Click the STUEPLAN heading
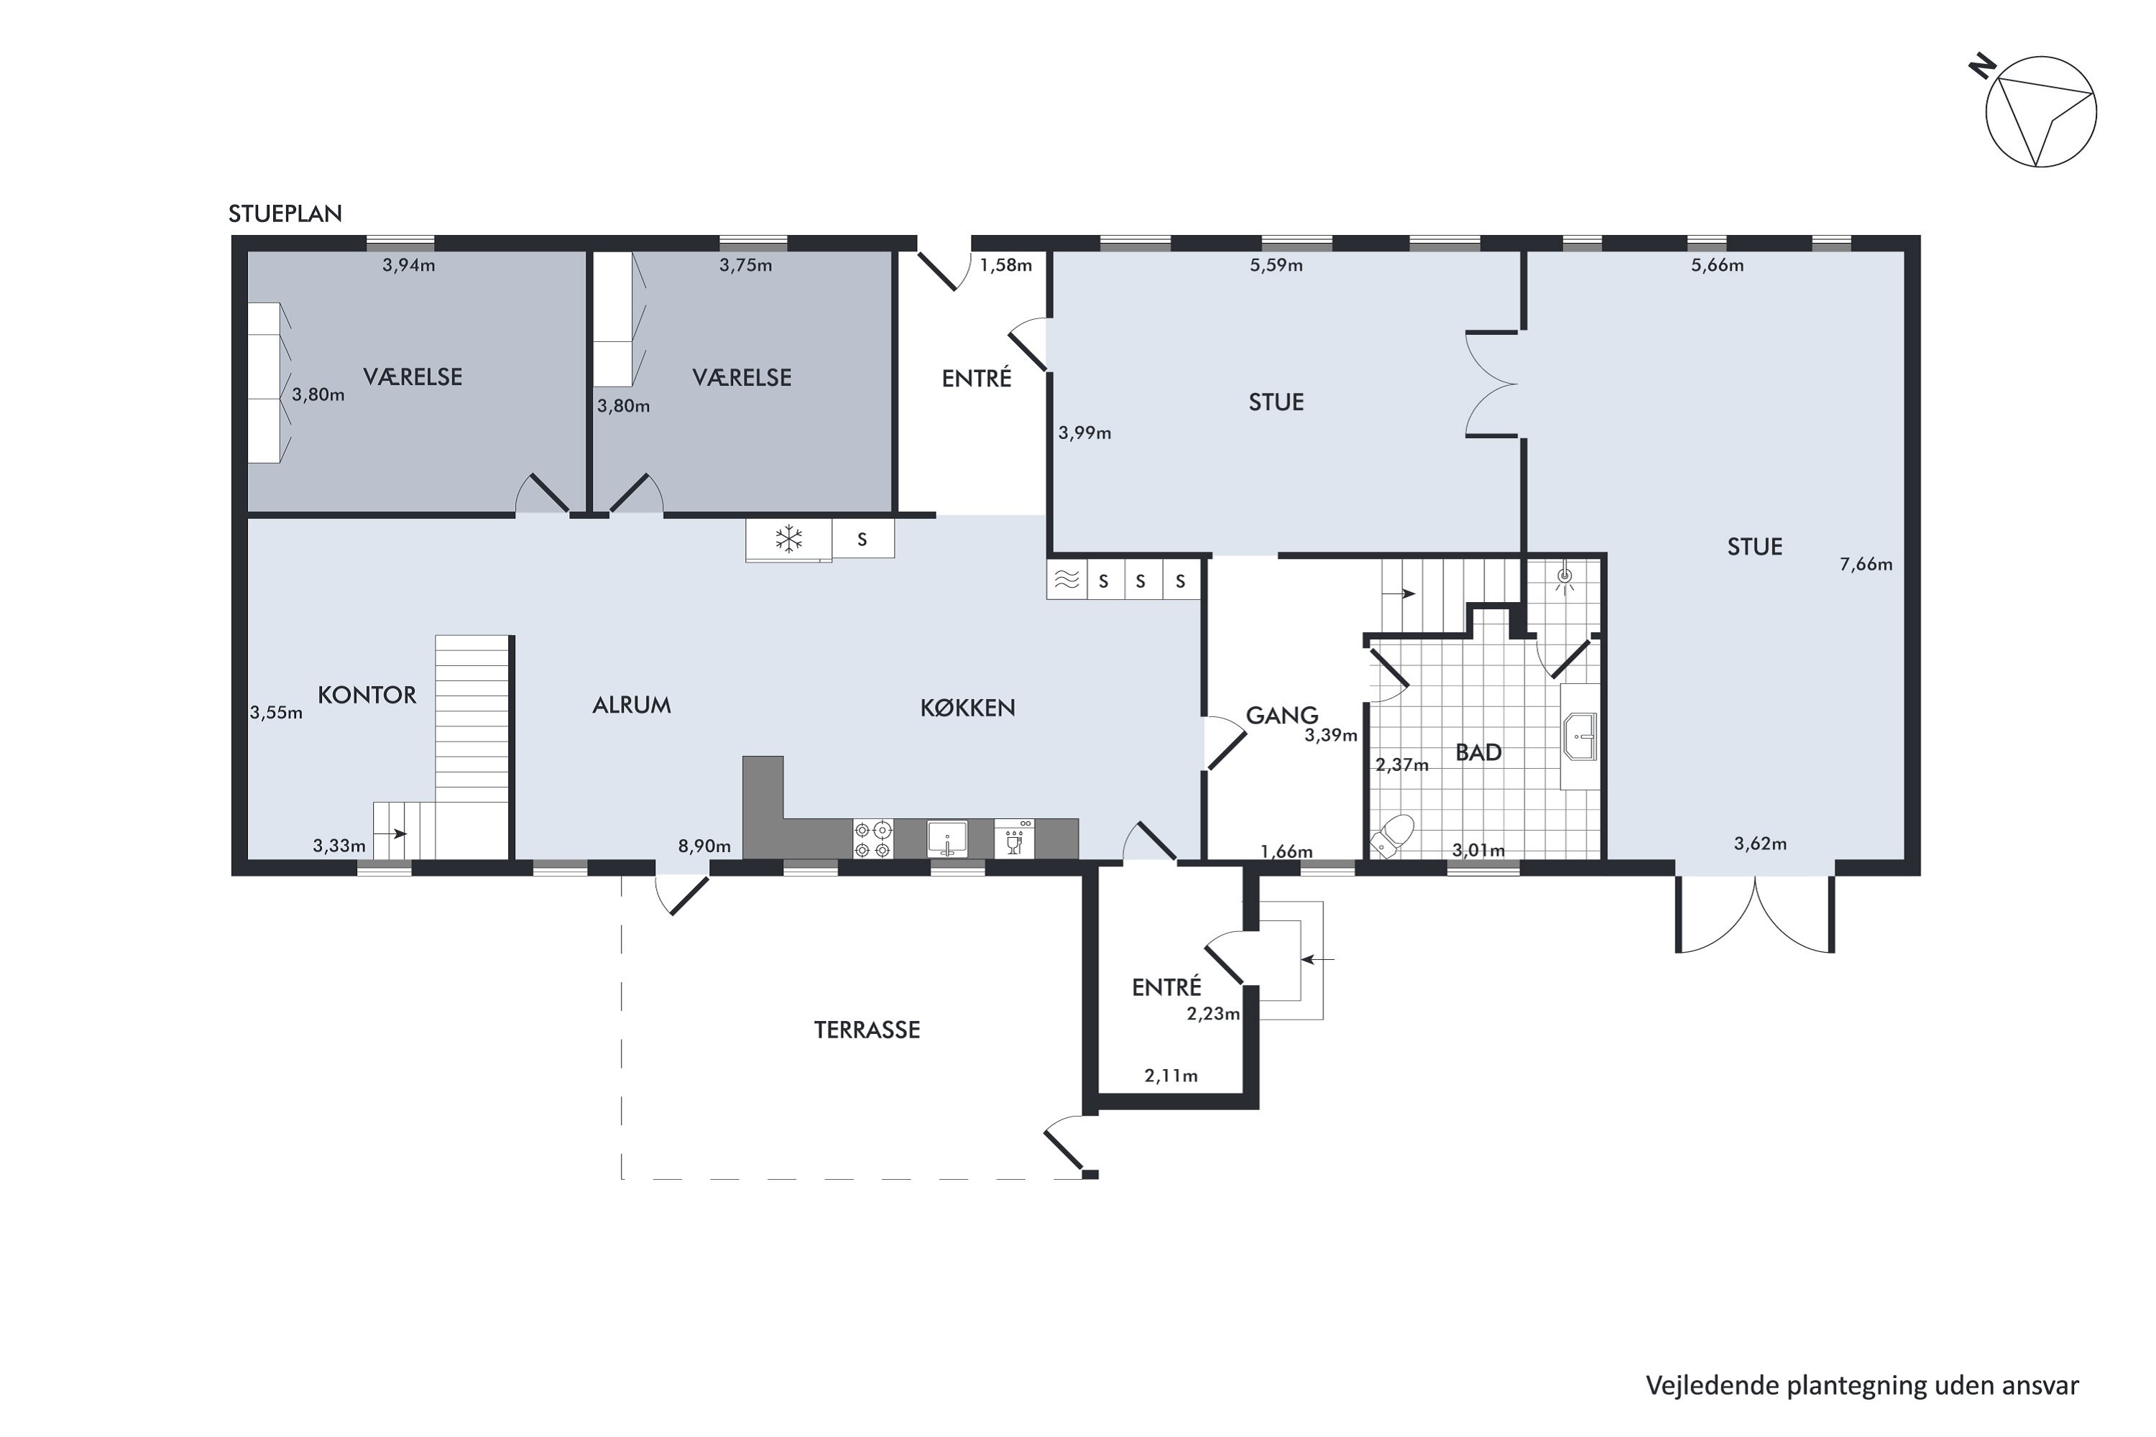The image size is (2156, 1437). pos(285,213)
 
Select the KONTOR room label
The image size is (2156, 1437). pos(367,695)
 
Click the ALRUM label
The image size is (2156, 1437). pos(632,705)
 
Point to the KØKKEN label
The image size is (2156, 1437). pos(967,708)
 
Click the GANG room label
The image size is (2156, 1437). pos(1281,715)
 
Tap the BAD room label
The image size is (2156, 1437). pos(1478,752)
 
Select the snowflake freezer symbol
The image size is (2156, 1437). pos(788,538)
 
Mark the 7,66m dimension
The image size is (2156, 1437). pos(1866,565)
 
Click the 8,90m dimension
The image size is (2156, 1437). pos(704,846)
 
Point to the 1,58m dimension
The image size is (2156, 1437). pos(1005,266)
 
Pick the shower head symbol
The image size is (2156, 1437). pos(1565,578)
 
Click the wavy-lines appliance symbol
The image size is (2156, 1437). pos(1066,580)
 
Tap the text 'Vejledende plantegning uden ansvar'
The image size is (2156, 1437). pos(1862,1386)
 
